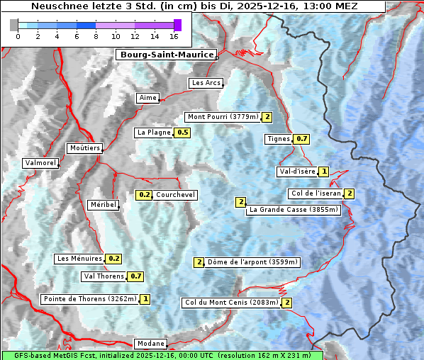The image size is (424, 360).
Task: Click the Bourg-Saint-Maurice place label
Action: pyautogui.click(x=166, y=55)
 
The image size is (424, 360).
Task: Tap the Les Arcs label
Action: pyautogui.click(x=206, y=83)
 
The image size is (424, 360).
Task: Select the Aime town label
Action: pyautogui.click(x=148, y=98)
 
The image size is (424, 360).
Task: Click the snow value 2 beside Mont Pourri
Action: pyautogui.click(x=267, y=117)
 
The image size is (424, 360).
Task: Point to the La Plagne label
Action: pyautogui.click(x=154, y=133)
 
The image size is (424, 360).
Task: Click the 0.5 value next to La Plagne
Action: pyautogui.click(x=183, y=133)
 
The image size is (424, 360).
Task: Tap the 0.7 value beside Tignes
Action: pyautogui.click(x=301, y=139)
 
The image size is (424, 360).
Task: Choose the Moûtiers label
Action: pyautogui.click(x=84, y=148)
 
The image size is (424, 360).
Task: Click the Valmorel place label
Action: pyautogui.click(x=40, y=163)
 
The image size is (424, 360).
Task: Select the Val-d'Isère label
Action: pyautogui.click(x=297, y=171)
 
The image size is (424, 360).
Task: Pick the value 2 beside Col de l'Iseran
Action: pyautogui.click(x=349, y=193)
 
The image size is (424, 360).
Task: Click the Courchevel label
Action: pyautogui.click(x=176, y=195)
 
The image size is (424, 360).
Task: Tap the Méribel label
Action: pyautogui.click(x=103, y=205)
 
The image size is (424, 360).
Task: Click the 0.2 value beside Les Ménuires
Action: pyautogui.click(x=114, y=259)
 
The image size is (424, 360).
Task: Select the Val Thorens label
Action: pyautogui.click(x=104, y=276)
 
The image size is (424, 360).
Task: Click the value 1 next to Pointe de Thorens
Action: pyautogui.click(x=145, y=299)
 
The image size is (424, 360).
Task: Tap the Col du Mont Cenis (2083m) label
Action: pyautogui.click(x=231, y=303)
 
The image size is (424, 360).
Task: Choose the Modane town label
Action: pyautogui.click(x=150, y=344)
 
